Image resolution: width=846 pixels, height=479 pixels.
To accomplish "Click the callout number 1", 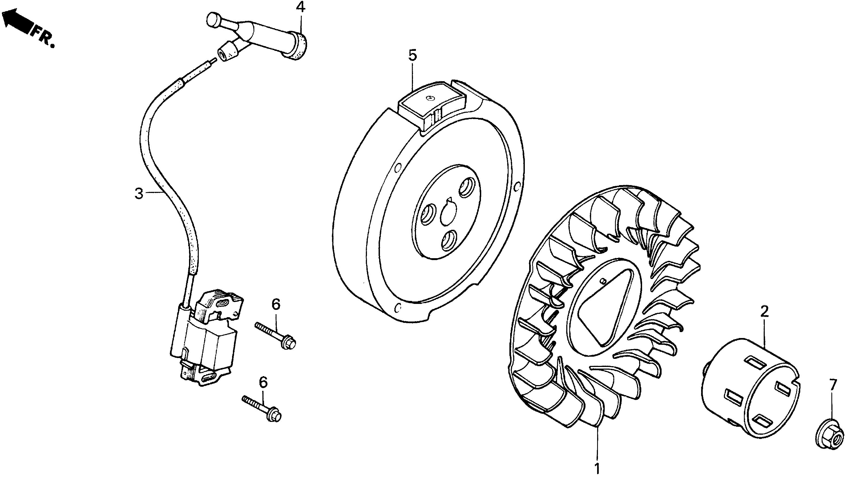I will (x=597, y=468).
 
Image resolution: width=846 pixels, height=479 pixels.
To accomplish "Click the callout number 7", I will (x=832, y=385).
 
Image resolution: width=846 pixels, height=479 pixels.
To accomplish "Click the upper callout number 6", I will (x=276, y=304).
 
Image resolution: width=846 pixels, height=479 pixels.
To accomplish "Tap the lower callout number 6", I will (x=263, y=382).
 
